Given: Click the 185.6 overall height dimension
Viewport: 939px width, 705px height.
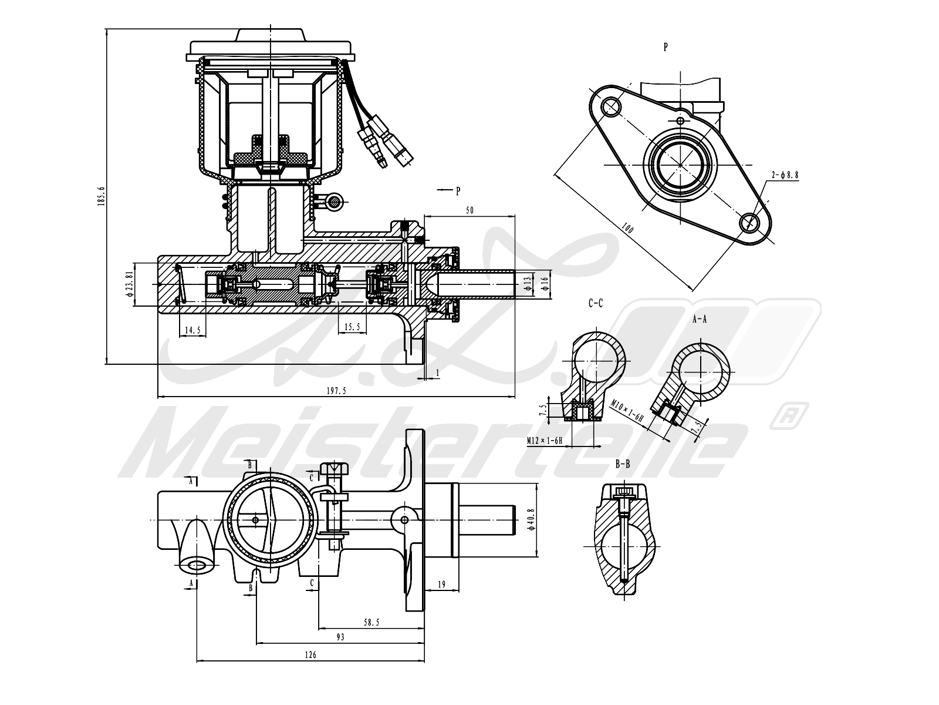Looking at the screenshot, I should [x=101, y=196].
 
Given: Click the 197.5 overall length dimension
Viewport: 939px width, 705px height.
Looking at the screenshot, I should [x=336, y=391].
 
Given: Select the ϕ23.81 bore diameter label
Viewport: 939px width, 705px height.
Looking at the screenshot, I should [x=130, y=284].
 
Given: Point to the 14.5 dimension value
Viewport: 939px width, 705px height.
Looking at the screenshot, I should [x=192, y=330].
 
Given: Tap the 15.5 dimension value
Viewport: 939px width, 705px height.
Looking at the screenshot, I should [x=352, y=327].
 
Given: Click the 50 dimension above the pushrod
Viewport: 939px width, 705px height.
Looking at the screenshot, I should [x=469, y=210].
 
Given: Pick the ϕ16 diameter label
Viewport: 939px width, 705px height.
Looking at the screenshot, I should [x=545, y=283].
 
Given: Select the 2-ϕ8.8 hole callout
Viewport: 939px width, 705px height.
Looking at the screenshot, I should [x=785, y=174].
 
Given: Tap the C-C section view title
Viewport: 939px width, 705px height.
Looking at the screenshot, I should [x=595, y=304].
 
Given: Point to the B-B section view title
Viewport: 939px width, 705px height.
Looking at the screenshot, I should [x=623, y=464].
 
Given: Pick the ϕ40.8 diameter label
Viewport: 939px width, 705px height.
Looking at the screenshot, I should [x=531, y=520].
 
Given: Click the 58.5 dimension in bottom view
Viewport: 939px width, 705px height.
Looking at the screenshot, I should [x=371, y=622].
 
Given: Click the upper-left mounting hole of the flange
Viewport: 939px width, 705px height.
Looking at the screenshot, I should [x=610, y=106].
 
